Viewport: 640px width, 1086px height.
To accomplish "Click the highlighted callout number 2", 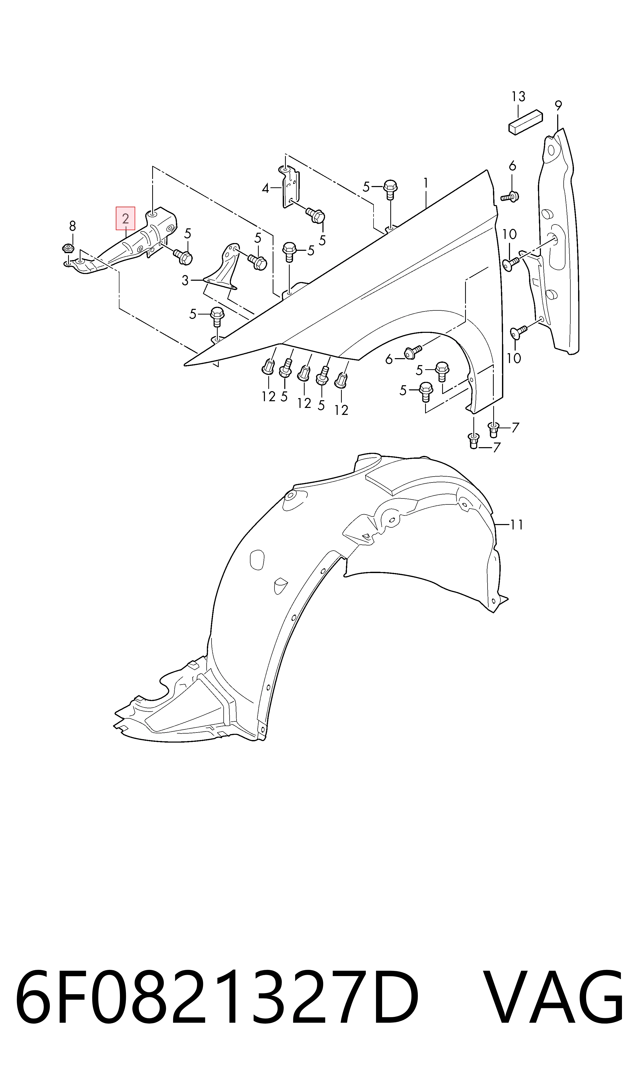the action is pyautogui.click(x=126, y=218).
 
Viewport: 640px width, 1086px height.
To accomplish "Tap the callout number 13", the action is pyautogui.click(x=519, y=96).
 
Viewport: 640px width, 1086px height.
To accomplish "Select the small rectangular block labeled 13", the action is pyautogui.click(x=525, y=123).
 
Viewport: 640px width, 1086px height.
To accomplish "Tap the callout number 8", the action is pyautogui.click(x=72, y=226).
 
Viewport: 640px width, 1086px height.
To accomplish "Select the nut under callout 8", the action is pyautogui.click(x=67, y=249).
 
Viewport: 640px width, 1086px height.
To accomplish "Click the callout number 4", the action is pyautogui.click(x=266, y=188).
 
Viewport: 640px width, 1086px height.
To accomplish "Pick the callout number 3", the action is pyautogui.click(x=185, y=281).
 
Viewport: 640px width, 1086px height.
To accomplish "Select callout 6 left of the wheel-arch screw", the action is pyautogui.click(x=389, y=359).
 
